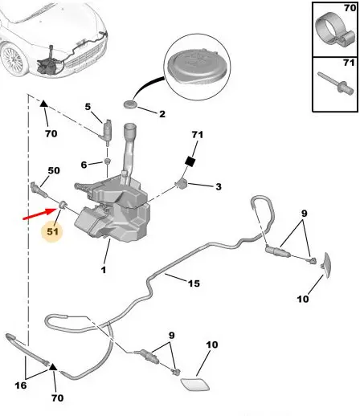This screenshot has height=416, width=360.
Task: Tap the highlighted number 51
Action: (52, 231)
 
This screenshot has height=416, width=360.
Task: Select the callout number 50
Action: (54, 170)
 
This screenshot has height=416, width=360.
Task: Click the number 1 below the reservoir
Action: (104, 270)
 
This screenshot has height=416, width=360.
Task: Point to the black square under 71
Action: (190, 161)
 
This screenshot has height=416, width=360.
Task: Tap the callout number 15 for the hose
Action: (194, 283)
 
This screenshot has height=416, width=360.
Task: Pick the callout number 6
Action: (84, 165)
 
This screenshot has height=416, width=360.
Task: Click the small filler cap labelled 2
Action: (130, 104)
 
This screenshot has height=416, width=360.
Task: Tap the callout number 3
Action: (219, 186)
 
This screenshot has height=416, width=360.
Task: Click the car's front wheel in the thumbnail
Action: (12, 59)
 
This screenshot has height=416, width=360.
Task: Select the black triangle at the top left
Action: (43, 104)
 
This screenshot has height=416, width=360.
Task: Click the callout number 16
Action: (21, 385)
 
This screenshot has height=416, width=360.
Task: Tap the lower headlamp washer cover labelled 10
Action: (195, 384)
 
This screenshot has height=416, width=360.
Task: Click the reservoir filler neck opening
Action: (130, 126)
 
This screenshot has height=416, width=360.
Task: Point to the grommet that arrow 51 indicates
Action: (63, 205)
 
